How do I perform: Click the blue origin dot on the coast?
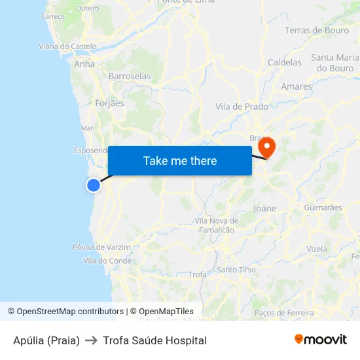pos(94,185)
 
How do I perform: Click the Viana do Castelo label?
pos(67,46)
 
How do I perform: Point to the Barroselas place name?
pos(129,76)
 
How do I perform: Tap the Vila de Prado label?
pos(242,106)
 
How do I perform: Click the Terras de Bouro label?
pos(317,30)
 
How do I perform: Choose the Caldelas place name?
pos(285,62)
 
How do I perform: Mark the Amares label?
pos(297,86)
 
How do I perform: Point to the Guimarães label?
pos(323,207)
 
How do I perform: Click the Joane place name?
pos(264,208)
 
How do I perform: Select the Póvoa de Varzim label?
pos(101,247)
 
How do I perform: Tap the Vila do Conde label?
pos(107,261)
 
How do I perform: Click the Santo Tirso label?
pos(236,270)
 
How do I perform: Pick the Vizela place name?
pos(316,249)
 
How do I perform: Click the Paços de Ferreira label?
pos(284,313)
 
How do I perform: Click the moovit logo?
pos(321,340)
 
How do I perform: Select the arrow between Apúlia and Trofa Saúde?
pos(91,340)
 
